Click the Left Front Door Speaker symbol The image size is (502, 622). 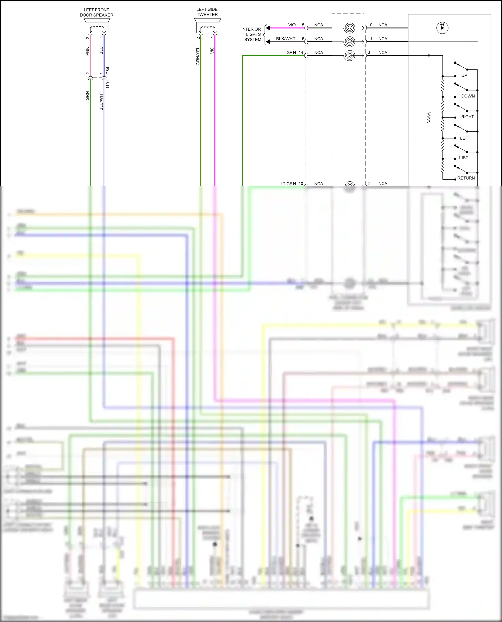coord(96,26)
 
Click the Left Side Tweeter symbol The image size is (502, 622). coord(207,26)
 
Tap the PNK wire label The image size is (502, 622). coord(87,51)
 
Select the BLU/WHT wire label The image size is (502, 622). coord(101,101)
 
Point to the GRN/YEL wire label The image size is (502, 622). coord(198,56)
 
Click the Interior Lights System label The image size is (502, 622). coord(252,34)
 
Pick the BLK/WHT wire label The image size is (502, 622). coord(285,39)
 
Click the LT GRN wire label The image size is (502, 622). coord(288,184)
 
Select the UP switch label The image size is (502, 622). coord(464,75)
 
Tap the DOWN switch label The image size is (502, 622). coord(468,96)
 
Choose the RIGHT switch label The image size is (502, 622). coord(467,117)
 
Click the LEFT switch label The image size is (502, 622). coord(465,138)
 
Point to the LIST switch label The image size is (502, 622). coord(463,158)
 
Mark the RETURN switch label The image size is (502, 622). coord(466,178)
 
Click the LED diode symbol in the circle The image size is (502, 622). coord(442,28)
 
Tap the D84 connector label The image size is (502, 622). coord(108,71)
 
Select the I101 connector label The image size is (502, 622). coord(108,84)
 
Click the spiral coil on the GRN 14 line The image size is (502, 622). coord(349,55)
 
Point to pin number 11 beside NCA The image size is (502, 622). coord(370,39)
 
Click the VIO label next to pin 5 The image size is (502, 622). coord(292,25)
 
